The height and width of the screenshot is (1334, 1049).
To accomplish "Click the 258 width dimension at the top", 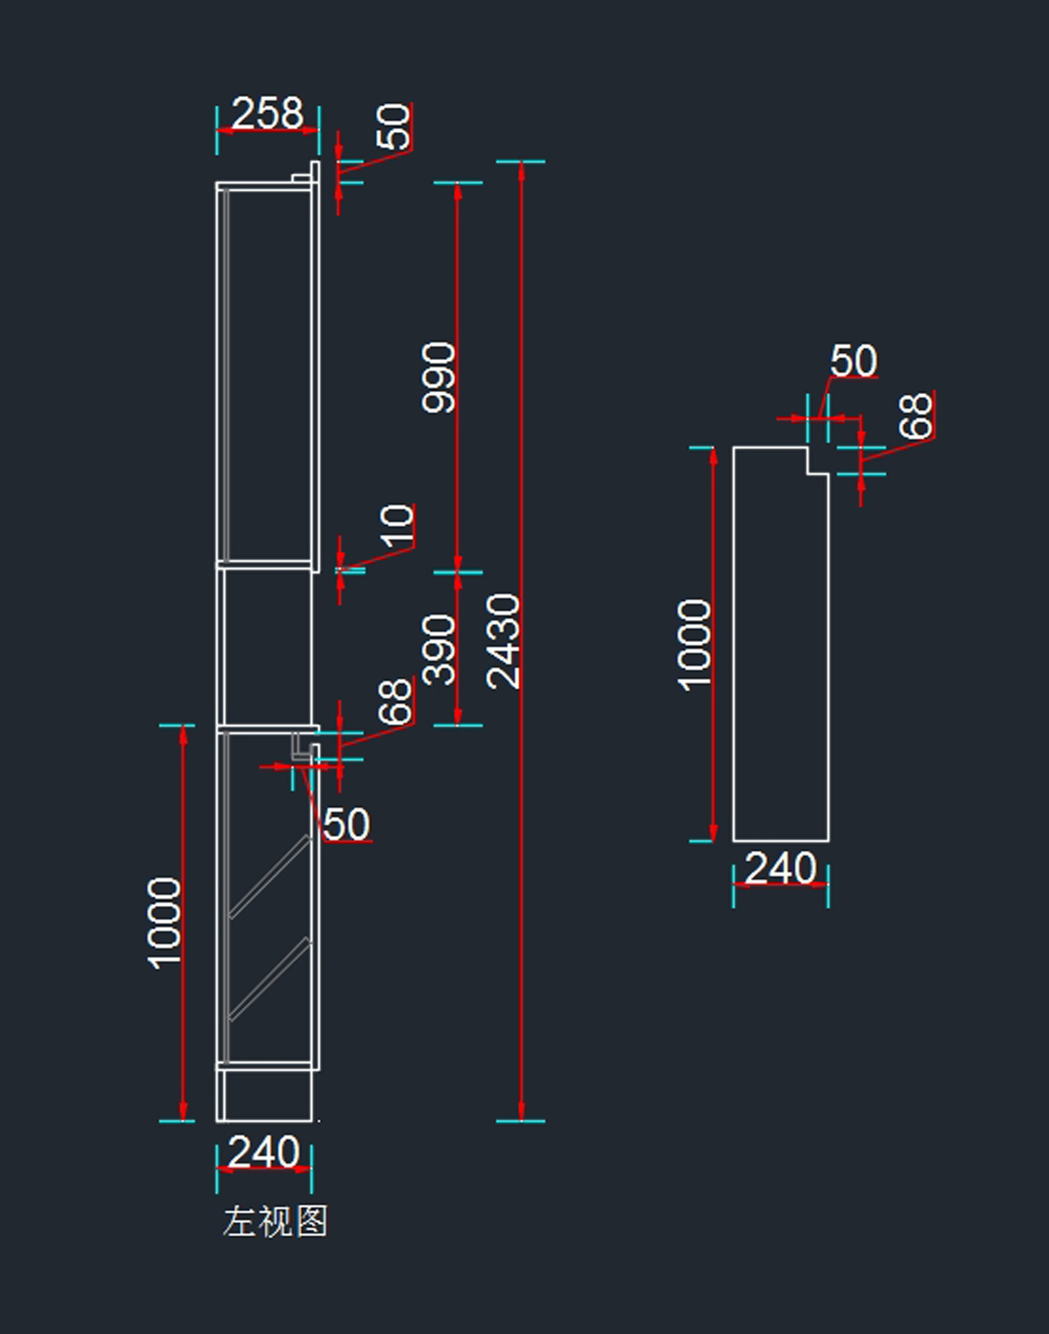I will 267,114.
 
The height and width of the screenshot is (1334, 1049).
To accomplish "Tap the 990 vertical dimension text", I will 439,377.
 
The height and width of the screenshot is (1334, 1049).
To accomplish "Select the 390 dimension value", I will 439,649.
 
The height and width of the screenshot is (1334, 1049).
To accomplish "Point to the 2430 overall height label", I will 504,641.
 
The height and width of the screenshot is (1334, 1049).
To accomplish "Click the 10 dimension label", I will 397,525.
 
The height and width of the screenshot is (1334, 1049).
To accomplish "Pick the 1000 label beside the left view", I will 164,923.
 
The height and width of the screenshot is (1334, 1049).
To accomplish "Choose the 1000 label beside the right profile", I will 695,645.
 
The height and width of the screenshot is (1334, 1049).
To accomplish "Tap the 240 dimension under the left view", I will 264,1152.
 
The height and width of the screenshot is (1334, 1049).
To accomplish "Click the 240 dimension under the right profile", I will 781,868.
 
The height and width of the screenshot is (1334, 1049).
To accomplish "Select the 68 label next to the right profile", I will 916,416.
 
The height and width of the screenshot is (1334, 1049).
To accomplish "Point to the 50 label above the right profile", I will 853,361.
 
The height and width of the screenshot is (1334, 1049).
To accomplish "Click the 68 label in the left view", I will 395,702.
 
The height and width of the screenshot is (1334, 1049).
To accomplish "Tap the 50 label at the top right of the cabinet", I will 393,127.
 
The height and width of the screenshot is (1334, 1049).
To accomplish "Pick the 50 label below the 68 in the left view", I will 346,825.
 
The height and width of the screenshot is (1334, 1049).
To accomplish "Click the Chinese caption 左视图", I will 275,1221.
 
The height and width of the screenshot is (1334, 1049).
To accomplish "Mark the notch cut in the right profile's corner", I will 816,460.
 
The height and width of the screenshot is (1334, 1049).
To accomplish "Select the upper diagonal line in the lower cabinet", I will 270,877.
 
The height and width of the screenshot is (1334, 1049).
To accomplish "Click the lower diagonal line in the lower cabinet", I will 270,979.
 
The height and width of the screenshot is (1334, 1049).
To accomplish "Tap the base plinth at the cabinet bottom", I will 265,1095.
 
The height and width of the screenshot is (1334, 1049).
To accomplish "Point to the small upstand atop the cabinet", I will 314,172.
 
